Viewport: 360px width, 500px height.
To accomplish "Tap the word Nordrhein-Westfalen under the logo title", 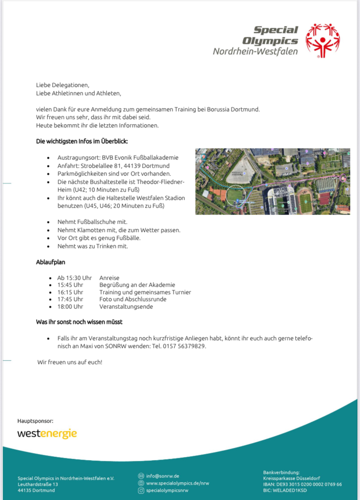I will (x=255, y=52).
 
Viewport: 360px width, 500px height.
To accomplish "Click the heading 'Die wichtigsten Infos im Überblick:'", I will (x=82, y=142).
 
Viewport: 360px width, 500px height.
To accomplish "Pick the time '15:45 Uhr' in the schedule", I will (x=70, y=285).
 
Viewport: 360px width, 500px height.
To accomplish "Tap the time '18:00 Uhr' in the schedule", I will (x=70, y=306).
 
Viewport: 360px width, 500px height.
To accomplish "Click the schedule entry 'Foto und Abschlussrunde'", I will (x=133, y=299).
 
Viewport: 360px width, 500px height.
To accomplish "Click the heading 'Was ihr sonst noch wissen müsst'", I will (x=79, y=322).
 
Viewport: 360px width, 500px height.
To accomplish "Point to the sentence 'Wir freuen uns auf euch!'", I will (x=70, y=361).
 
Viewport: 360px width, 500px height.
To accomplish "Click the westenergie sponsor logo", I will (x=47, y=434).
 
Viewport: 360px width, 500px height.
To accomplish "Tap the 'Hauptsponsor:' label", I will (x=35, y=421).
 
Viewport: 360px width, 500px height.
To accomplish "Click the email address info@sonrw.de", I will (x=163, y=476).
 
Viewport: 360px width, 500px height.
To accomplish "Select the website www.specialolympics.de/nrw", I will (x=177, y=483).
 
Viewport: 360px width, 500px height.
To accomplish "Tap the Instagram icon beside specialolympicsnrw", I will (x=141, y=490).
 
